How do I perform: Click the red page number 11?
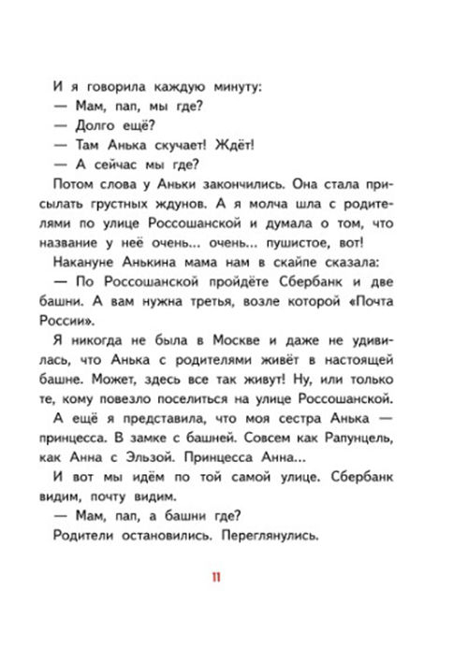216,577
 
